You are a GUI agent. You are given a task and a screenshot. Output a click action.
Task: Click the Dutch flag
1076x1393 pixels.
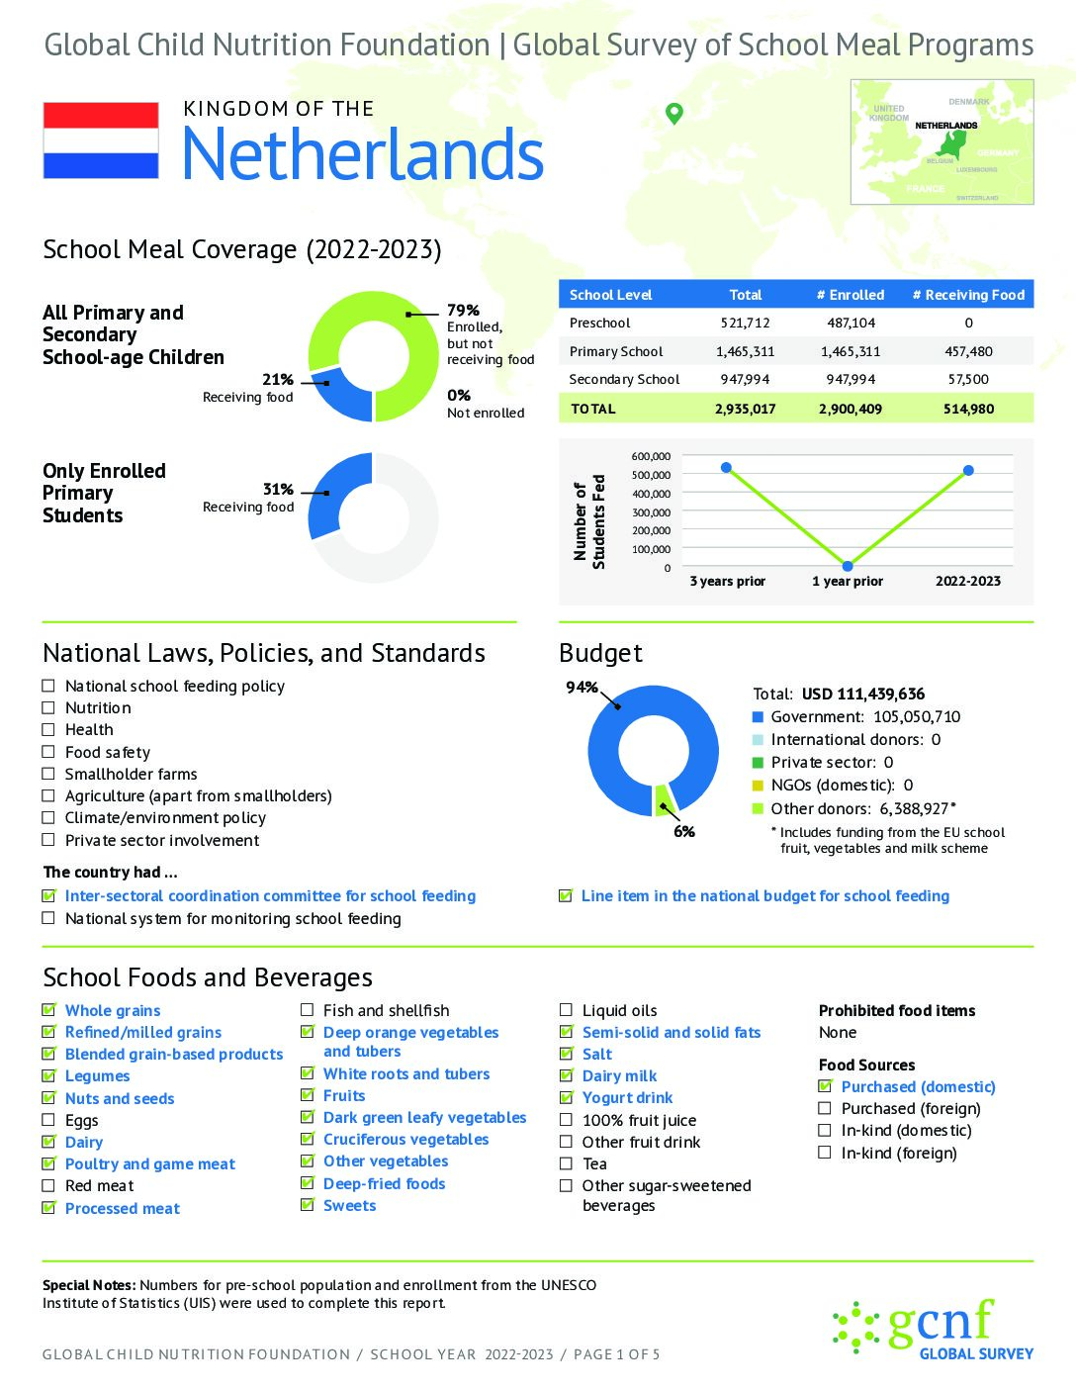coord(101,140)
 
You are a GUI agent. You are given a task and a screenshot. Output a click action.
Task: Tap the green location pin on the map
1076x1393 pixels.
coord(674,113)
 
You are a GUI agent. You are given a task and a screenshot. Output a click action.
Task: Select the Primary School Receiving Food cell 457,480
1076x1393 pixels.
coord(968,351)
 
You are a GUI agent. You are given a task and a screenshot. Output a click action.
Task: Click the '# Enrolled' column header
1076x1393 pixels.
coord(851,295)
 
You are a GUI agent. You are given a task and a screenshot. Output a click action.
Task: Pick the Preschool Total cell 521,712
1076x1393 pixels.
coord(745,323)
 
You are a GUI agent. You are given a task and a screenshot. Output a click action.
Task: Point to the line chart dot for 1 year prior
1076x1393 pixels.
coord(848,566)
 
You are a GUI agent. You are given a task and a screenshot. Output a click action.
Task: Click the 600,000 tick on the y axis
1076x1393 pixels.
coord(651,456)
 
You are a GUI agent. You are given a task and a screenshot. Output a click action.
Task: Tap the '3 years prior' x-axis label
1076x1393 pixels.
coord(728,581)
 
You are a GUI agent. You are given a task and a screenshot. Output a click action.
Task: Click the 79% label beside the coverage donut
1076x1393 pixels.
coord(463,311)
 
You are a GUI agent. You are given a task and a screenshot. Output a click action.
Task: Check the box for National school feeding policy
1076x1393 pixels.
coord(48,686)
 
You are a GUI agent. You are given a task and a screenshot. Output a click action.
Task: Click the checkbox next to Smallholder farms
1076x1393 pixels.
coord(48,774)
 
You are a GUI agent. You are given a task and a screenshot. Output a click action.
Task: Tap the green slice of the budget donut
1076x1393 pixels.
coord(664,798)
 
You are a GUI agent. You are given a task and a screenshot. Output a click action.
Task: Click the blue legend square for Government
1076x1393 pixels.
coord(759,717)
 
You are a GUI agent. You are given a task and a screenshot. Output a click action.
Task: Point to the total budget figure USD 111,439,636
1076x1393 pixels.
coord(863,694)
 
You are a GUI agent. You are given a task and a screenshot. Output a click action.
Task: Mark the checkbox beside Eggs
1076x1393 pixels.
coord(48,1120)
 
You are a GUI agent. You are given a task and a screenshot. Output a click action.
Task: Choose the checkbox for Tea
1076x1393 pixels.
coord(566,1163)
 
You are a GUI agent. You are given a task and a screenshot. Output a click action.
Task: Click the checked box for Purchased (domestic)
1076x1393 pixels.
coord(825,1086)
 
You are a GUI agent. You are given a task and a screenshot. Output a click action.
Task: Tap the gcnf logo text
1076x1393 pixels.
coord(940,1322)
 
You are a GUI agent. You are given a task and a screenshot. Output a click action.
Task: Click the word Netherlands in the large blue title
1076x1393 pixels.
coord(363,154)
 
